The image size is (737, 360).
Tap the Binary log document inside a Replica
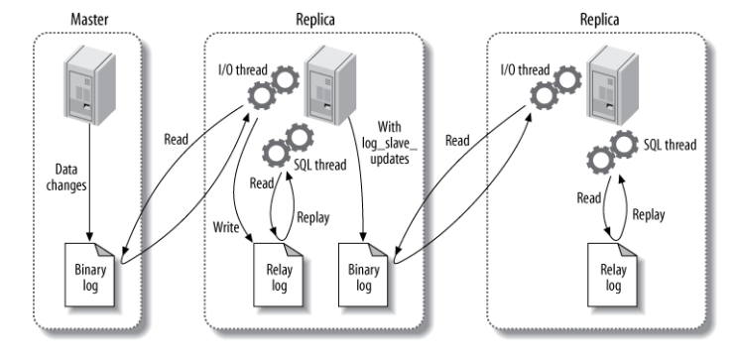(364, 270)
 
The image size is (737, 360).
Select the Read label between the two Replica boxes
(456, 140)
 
